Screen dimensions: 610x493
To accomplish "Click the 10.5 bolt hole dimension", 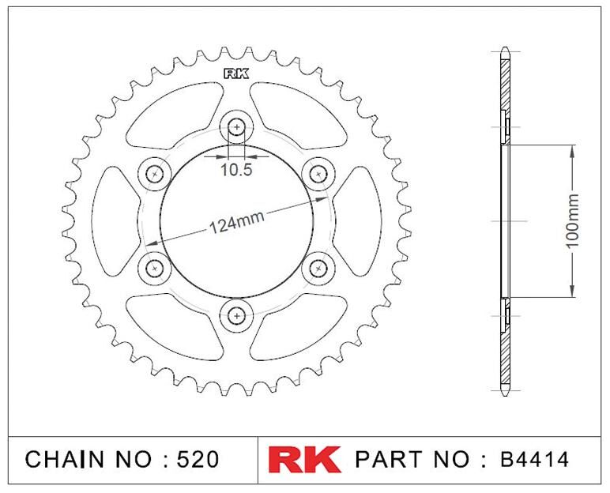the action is (x=236, y=170).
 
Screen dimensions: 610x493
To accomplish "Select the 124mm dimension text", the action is (x=237, y=222).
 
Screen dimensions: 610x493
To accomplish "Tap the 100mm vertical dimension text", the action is (x=572, y=220).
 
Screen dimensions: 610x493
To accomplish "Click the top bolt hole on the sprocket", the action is (x=236, y=126).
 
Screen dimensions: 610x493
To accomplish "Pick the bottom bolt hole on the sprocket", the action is (x=236, y=315).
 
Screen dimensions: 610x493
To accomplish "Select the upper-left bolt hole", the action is (x=155, y=174).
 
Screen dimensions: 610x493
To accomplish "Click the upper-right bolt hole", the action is (x=318, y=174).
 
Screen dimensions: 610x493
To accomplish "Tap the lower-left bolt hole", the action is (x=155, y=269).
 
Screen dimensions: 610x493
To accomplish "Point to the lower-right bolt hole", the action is (x=318, y=269).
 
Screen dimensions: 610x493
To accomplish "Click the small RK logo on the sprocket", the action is (x=236, y=74).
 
